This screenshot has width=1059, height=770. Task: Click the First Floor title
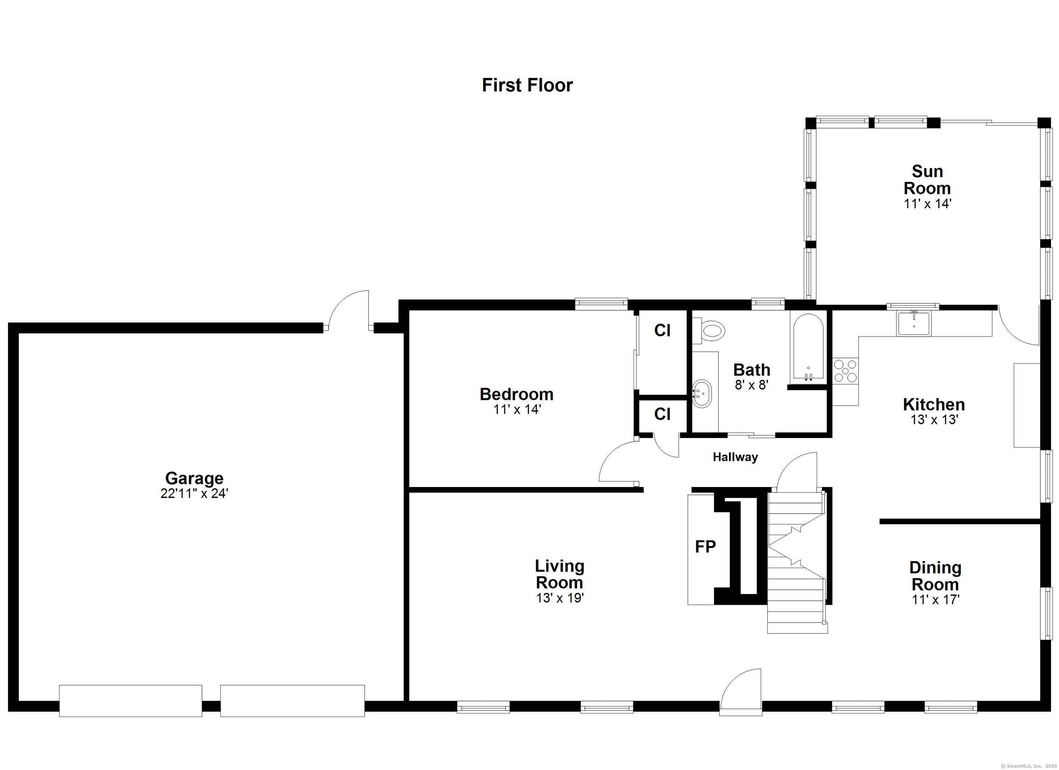tap(527, 85)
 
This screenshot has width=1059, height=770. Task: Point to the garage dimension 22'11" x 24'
tap(194, 494)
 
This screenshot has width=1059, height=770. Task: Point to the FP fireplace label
tap(705, 547)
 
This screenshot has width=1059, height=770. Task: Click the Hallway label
tap(735, 457)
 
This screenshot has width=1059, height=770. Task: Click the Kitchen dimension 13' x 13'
tap(934, 420)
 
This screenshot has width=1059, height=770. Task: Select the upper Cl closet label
tap(662, 331)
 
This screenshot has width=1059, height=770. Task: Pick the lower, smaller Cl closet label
tap(662, 414)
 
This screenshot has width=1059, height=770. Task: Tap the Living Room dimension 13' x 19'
tap(560, 598)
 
